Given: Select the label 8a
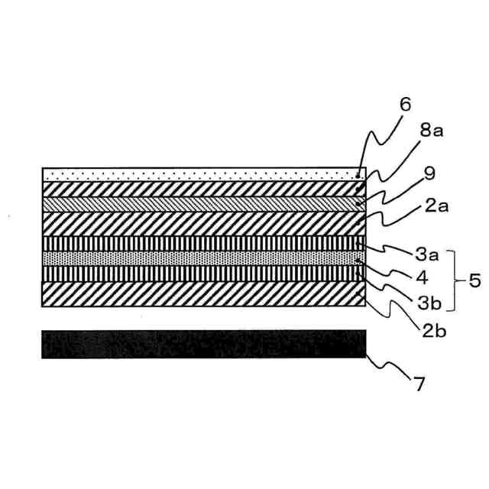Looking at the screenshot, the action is (x=431, y=131).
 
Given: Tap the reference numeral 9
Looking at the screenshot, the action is (x=429, y=173).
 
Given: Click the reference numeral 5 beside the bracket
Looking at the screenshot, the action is (x=474, y=280).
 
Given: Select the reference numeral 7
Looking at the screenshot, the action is (x=419, y=384).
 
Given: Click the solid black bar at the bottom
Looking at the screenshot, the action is (x=204, y=345).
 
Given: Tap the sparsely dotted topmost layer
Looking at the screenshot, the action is (x=204, y=174).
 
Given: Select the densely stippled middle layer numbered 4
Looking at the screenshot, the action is (x=204, y=258).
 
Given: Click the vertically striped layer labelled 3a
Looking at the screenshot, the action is (x=204, y=243).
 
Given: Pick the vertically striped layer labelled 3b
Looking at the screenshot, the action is (x=204, y=274).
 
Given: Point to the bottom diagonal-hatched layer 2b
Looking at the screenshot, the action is (x=204, y=294).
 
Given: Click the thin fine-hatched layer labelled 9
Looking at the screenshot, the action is (x=204, y=204).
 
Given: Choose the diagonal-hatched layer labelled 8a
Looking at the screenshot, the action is (x=204, y=189).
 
